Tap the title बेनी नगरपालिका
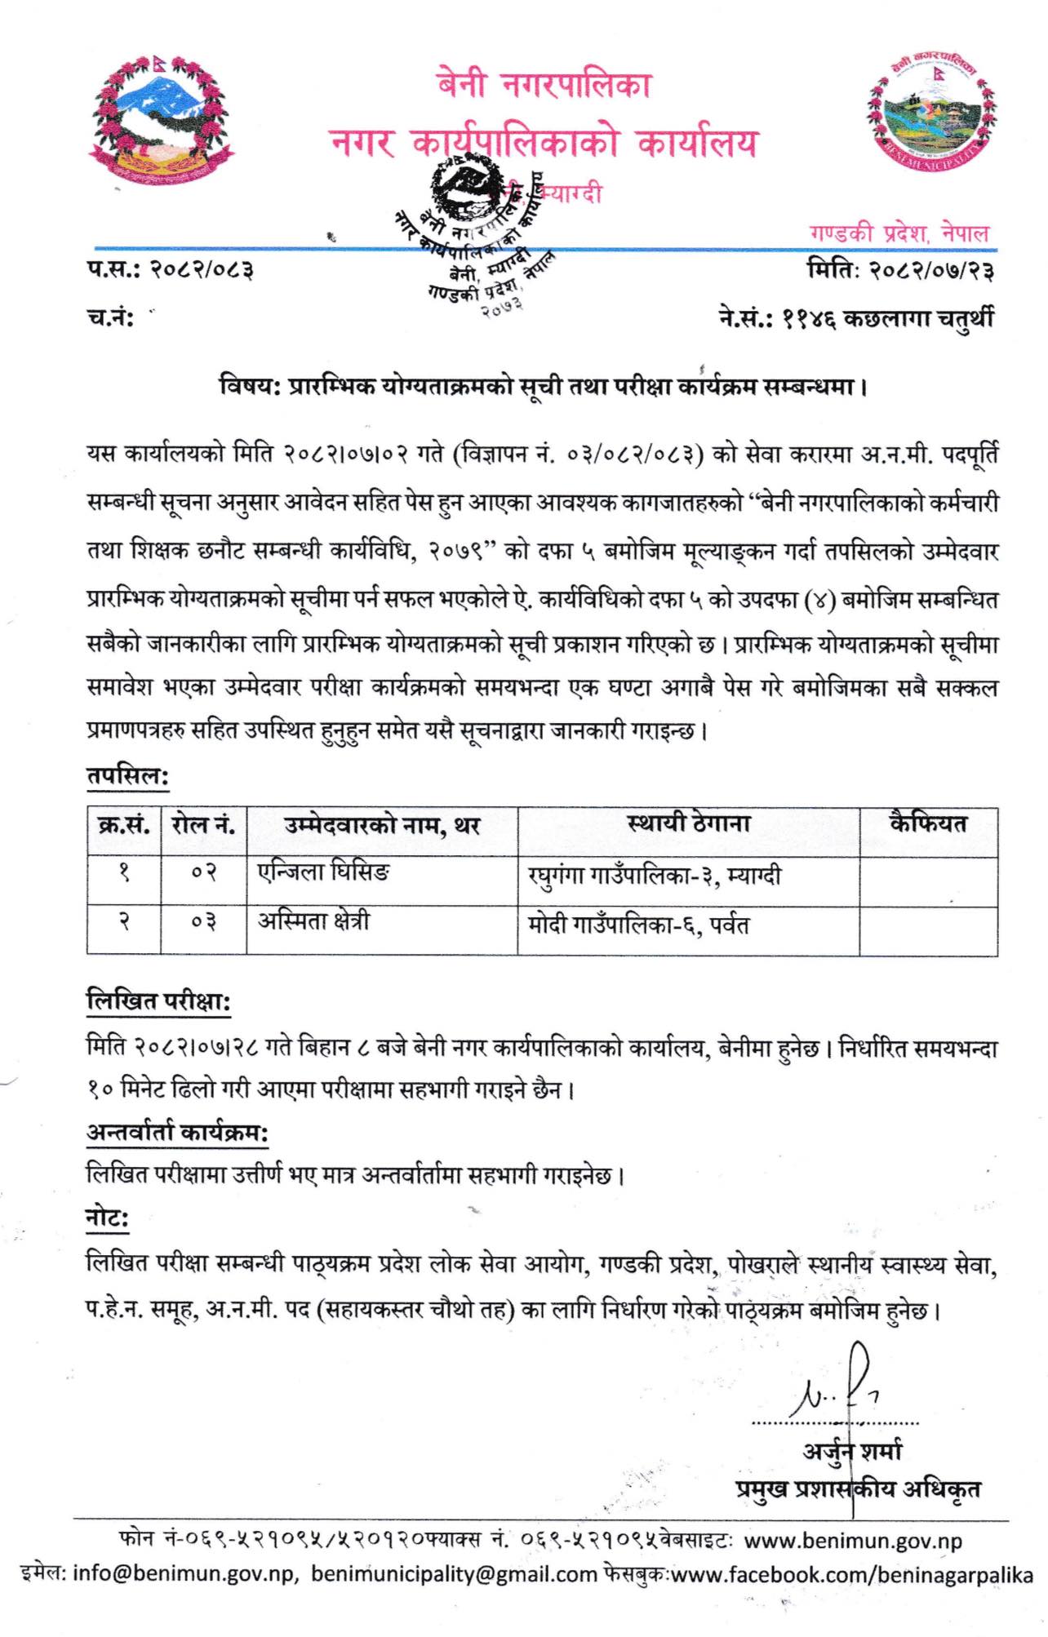click(x=544, y=85)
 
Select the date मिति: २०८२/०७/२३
click(x=899, y=269)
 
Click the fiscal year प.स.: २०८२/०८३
click(x=170, y=268)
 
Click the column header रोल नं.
click(x=203, y=826)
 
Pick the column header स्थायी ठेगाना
click(x=688, y=824)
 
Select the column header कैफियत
click(x=928, y=824)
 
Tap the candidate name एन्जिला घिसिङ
click(x=323, y=873)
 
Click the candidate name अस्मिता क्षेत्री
click(x=313, y=922)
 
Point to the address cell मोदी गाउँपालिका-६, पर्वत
click(x=638, y=925)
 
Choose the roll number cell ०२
click(x=203, y=874)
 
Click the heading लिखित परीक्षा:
click(x=158, y=1001)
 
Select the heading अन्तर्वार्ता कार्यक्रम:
click(x=177, y=1133)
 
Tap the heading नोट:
click(x=108, y=1219)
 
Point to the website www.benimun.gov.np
click(x=853, y=1542)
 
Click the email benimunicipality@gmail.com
click(x=454, y=1574)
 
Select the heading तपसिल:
click(x=127, y=775)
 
